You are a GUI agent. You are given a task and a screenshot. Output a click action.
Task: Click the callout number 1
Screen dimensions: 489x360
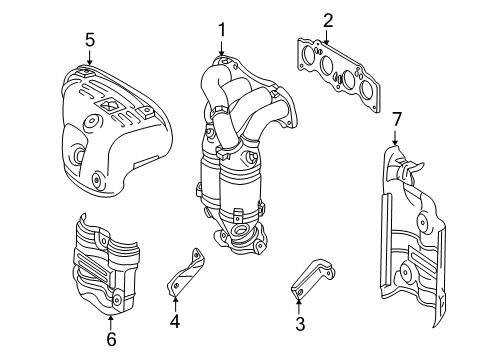222,30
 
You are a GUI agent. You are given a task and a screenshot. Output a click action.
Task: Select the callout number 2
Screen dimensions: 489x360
328,21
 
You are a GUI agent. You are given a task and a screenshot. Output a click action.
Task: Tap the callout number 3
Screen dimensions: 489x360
300,324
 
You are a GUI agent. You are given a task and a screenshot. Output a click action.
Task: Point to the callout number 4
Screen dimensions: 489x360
175,321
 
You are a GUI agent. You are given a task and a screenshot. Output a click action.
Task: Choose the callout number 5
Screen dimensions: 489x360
90,40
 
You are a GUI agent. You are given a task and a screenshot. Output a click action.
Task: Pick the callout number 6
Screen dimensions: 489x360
111,339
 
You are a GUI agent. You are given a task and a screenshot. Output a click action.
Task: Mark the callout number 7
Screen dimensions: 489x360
396,120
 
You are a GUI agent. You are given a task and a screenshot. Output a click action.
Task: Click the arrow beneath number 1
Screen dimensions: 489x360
222,48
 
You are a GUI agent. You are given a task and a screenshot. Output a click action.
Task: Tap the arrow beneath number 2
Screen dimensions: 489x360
327,37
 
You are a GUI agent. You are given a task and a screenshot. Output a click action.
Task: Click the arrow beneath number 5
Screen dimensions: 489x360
89,57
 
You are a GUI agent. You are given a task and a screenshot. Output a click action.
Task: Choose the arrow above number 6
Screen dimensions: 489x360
111,322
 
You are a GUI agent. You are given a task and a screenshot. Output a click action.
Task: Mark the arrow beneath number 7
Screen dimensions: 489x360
395,137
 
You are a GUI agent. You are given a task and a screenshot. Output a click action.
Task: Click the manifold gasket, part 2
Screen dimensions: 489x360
338,75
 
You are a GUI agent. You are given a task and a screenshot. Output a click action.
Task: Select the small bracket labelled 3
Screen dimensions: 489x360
312,276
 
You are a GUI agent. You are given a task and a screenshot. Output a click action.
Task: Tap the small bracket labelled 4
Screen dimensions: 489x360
186,272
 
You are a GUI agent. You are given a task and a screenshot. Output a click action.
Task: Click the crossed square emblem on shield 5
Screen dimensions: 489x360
109,105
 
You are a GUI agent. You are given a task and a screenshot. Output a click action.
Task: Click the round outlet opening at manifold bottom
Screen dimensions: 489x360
241,229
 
